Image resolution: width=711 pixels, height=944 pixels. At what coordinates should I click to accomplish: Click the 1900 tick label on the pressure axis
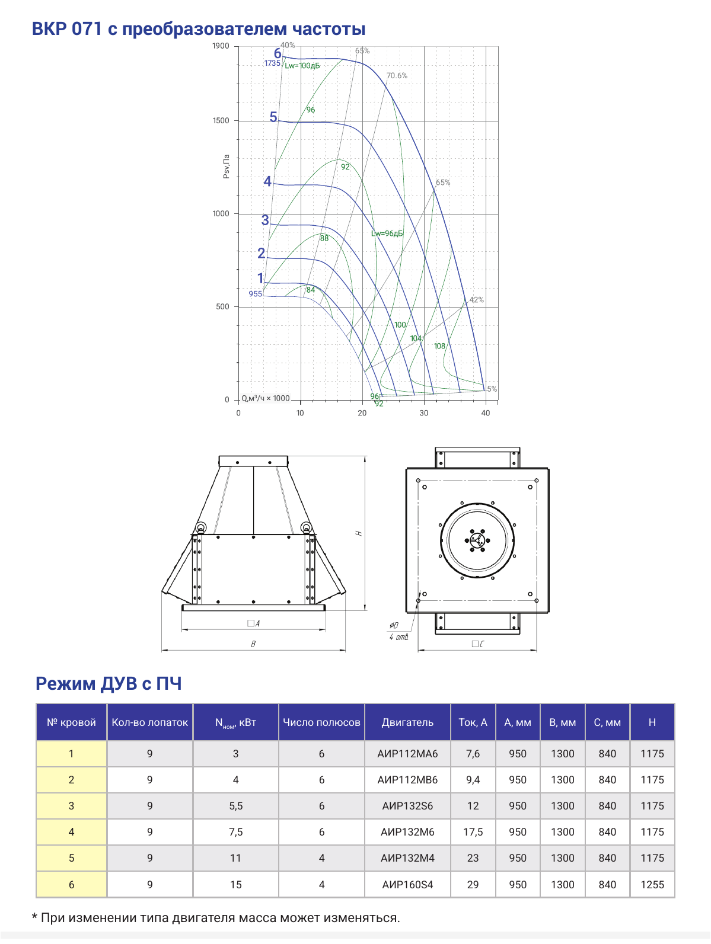tap(221, 46)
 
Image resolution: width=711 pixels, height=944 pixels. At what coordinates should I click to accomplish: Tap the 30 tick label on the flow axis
tap(424, 413)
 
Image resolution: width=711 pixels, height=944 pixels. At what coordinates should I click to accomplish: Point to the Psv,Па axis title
tap(227, 167)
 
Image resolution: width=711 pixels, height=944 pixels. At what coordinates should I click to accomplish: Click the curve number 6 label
tap(278, 53)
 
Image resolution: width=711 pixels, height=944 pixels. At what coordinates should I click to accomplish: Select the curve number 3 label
tap(265, 220)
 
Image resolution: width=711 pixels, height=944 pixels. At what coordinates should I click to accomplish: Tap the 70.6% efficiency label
tap(397, 76)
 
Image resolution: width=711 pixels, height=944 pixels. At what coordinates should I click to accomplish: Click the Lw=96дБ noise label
tap(387, 233)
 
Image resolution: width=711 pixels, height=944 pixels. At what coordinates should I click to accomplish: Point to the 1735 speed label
tap(272, 63)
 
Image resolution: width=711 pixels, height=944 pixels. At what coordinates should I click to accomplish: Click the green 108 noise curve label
tap(439, 346)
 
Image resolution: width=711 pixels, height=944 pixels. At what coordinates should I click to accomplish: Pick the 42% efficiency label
tap(476, 300)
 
